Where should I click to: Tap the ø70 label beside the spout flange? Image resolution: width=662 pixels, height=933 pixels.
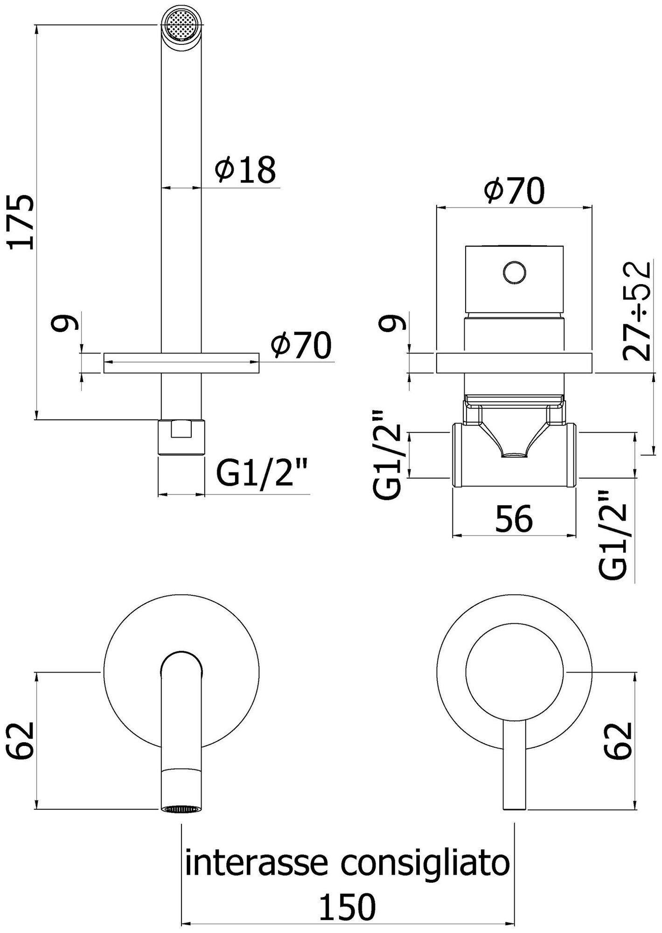tap(301, 346)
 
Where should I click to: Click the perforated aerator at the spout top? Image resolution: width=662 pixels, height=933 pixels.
tap(182, 27)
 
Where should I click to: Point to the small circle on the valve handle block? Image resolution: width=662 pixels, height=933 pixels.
tap(515, 272)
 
